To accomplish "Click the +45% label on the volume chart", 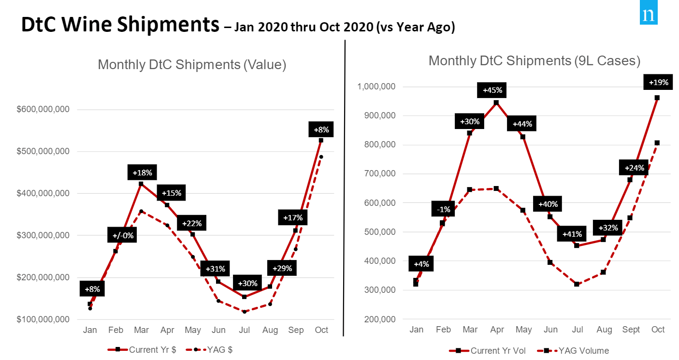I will point(492,90).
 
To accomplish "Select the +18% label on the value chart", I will point(143,173).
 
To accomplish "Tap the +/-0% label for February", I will point(123,236).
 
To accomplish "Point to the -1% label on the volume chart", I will point(444,209).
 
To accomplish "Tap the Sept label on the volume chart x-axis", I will point(631,330).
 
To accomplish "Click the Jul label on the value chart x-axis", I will point(245,330).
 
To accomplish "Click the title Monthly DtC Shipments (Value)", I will point(192,65).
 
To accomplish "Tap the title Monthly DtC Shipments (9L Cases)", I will point(535,61).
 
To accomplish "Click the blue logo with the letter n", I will point(648,15).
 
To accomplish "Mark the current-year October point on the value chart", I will point(321,141).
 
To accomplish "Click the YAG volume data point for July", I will point(577,284).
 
